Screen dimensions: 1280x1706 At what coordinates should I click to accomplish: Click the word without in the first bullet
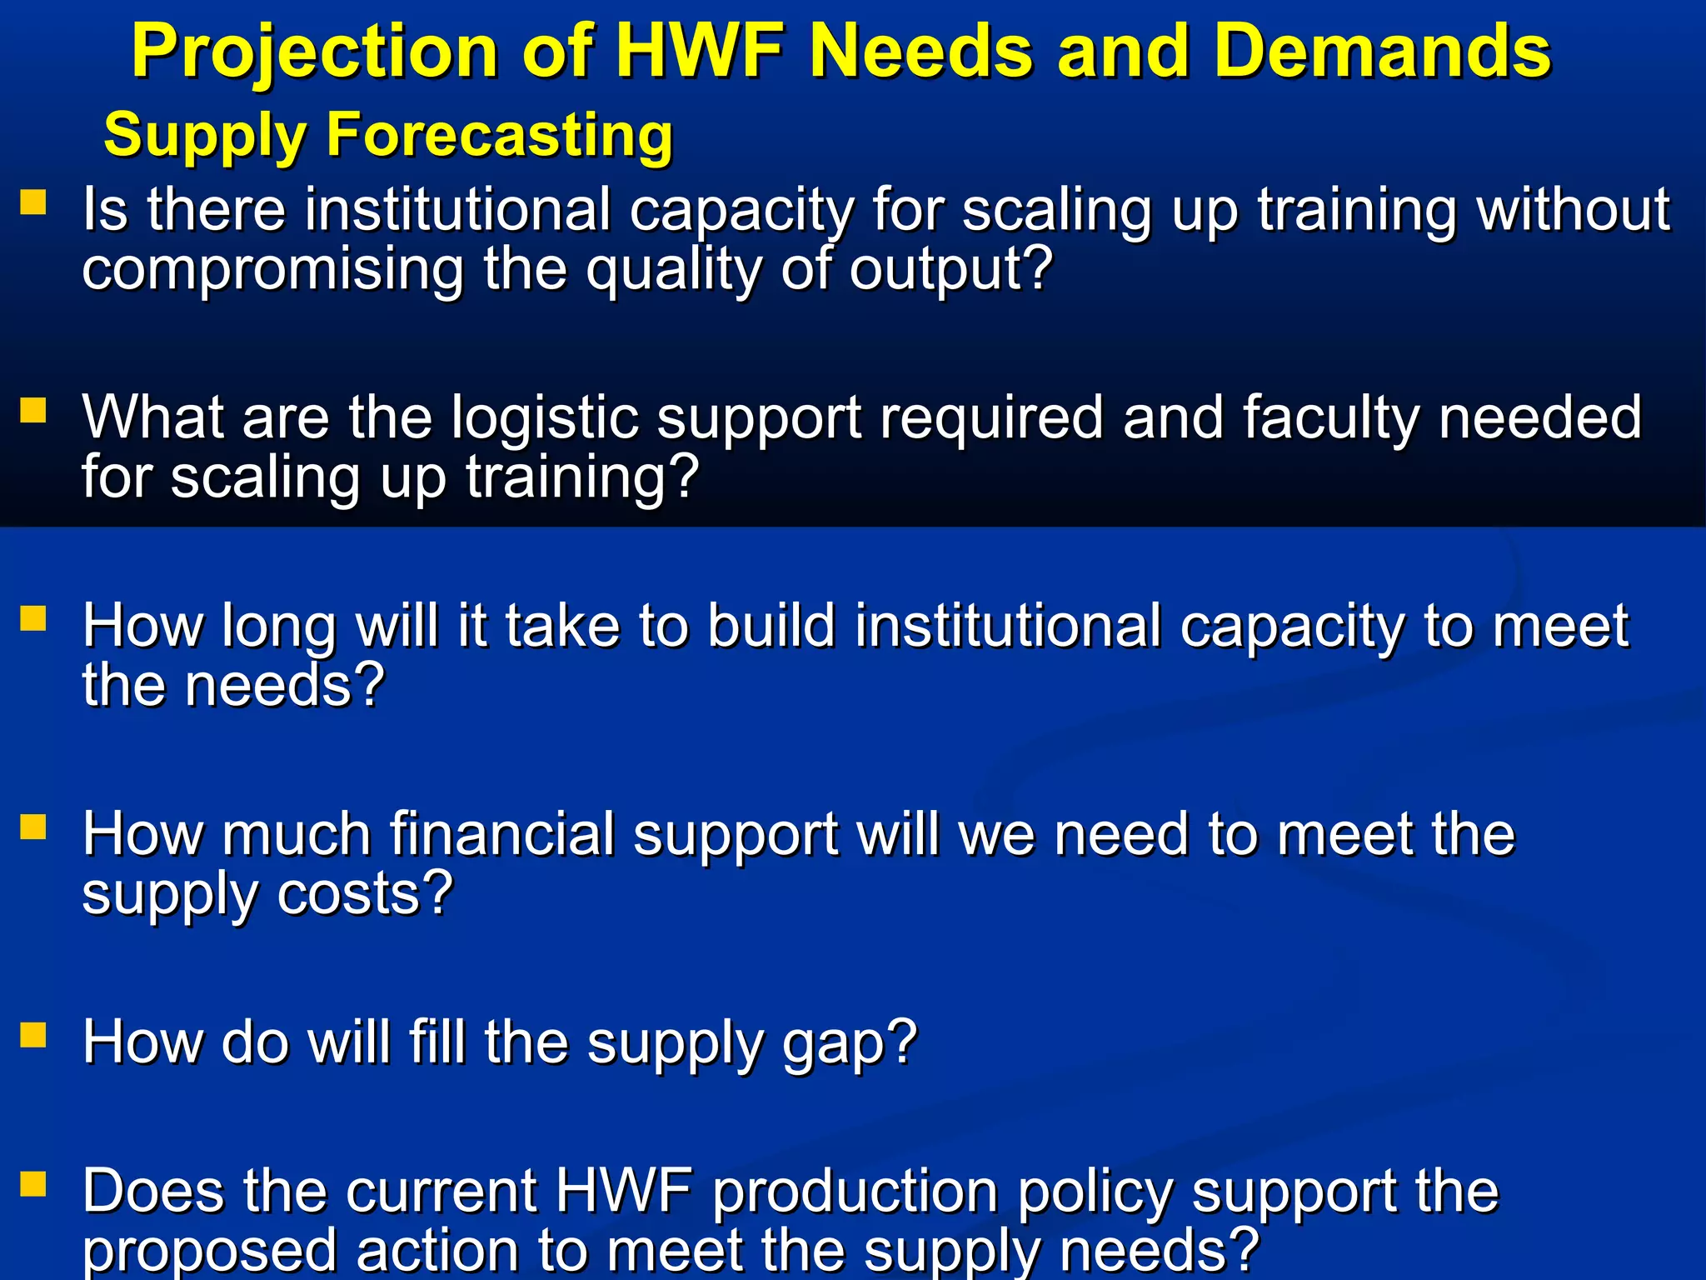[1574, 209]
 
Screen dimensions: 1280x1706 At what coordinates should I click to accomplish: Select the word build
[771, 626]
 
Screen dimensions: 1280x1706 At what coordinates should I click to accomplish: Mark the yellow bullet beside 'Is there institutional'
[33, 202]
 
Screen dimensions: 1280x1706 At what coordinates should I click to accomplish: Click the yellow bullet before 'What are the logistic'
[33, 411]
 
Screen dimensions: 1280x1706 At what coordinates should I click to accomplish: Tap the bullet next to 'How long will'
[33, 619]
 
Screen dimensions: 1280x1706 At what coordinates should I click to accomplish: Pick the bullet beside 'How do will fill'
[33, 1035]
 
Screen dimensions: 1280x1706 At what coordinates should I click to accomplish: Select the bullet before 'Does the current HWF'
[33, 1184]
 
